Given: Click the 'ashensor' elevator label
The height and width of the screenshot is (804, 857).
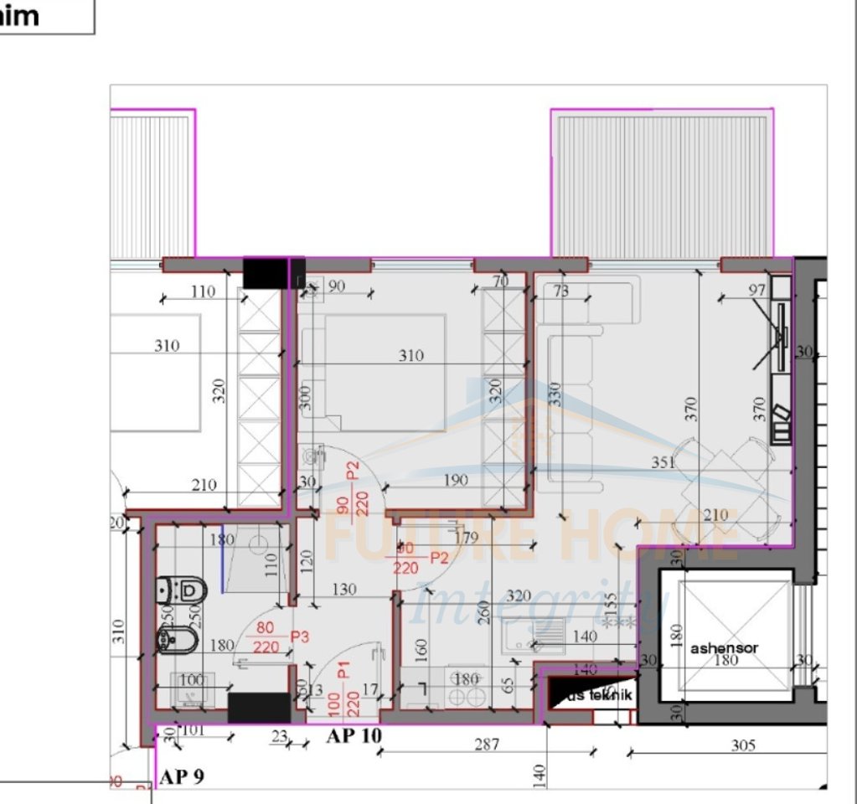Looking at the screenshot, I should click(x=724, y=648).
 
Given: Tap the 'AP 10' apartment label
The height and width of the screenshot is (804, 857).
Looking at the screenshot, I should click(x=354, y=737).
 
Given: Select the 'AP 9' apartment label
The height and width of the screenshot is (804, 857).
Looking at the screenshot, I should click(x=181, y=776).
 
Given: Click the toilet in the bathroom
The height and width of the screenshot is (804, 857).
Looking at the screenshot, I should click(x=183, y=590).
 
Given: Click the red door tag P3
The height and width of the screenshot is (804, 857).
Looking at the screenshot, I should click(x=299, y=637).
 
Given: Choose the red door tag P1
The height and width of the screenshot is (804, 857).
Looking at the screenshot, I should click(x=343, y=671).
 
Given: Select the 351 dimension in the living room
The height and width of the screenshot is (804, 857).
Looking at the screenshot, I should click(x=663, y=462).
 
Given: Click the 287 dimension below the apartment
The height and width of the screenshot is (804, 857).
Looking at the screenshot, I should click(x=486, y=744).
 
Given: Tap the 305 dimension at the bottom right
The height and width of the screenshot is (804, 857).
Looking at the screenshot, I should click(x=743, y=745).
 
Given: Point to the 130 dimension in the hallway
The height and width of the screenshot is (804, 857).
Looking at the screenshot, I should click(x=343, y=590).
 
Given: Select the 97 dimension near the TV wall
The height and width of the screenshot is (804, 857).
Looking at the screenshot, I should click(x=756, y=290).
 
